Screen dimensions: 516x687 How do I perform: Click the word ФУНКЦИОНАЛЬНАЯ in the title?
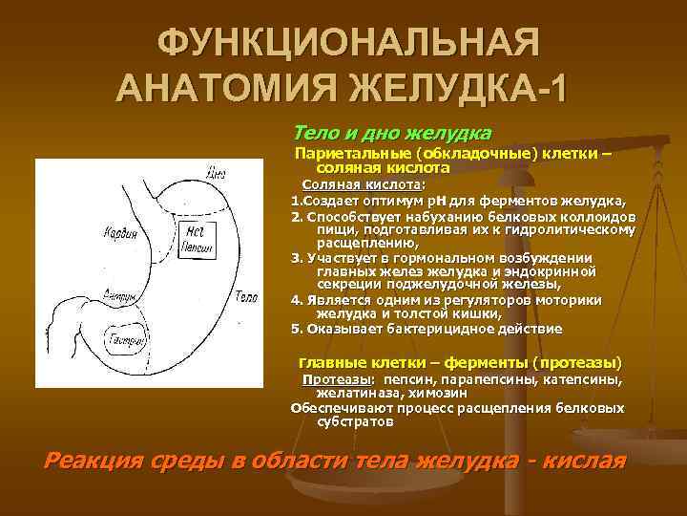click(x=348, y=43)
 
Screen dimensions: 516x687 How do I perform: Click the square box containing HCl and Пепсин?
click(x=195, y=238)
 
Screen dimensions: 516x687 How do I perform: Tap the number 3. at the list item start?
click(x=296, y=258)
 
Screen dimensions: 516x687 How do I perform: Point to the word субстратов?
click(x=353, y=420)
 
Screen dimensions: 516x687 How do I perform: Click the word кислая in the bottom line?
click(x=580, y=460)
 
